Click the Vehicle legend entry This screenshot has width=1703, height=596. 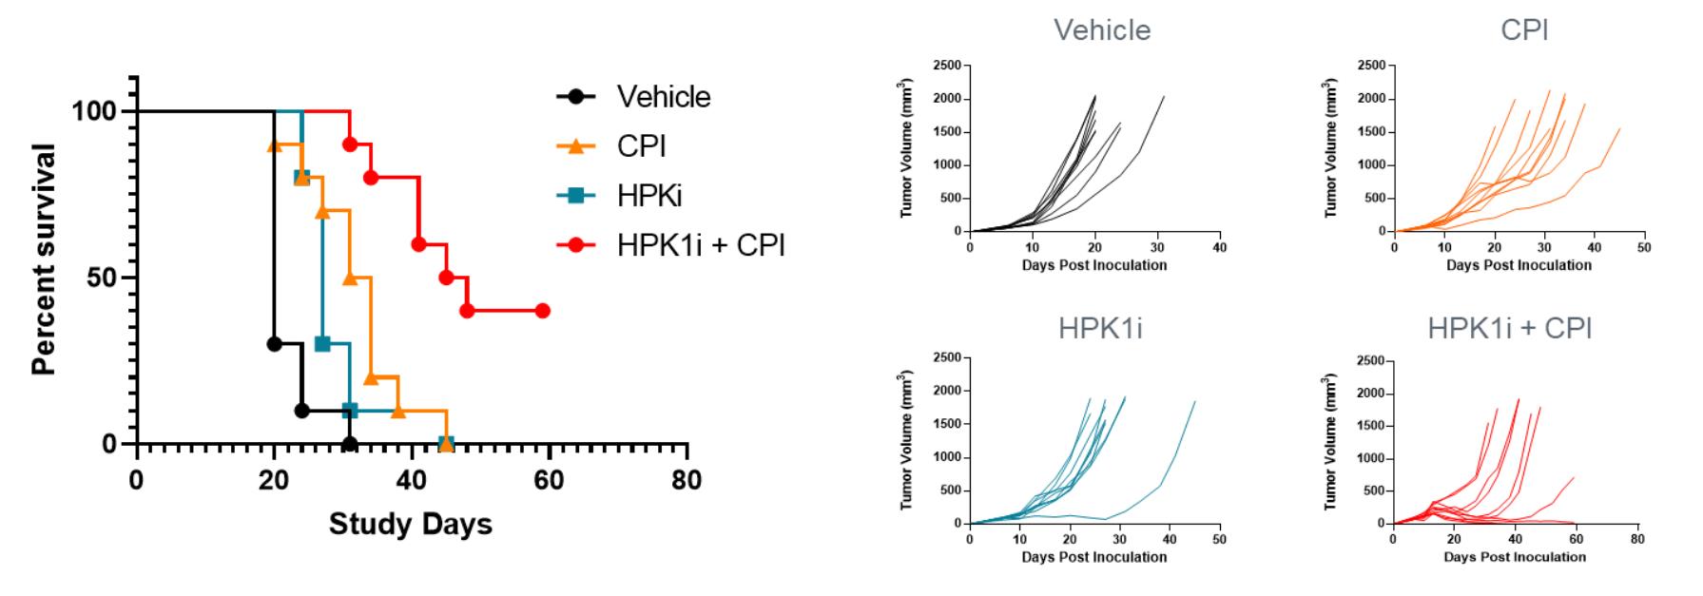pos(663,97)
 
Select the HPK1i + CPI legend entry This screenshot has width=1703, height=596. pos(700,245)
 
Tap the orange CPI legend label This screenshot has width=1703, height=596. pos(641,146)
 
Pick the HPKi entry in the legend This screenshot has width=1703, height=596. pos(648,196)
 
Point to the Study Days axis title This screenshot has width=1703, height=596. pos(411,524)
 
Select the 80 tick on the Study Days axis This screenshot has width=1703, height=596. pos(687,480)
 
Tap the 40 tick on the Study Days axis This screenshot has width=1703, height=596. pos(412,480)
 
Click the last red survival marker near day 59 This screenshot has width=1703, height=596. pos(542,311)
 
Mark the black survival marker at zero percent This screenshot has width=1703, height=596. pos(350,444)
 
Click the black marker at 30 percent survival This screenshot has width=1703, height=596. pos(274,344)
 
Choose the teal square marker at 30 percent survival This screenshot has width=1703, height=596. pos(322,344)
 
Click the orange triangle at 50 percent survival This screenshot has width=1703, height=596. pos(350,278)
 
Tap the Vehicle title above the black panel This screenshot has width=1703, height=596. pos(1102,30)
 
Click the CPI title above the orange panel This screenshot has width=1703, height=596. pos(1524,30)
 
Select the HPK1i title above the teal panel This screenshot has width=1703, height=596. pos(1100,329)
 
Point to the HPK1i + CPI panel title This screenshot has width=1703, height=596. pos(1510,329)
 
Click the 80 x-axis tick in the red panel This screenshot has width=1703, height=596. pos(1636,539)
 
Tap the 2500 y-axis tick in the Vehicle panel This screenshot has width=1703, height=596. pos(947,66)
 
